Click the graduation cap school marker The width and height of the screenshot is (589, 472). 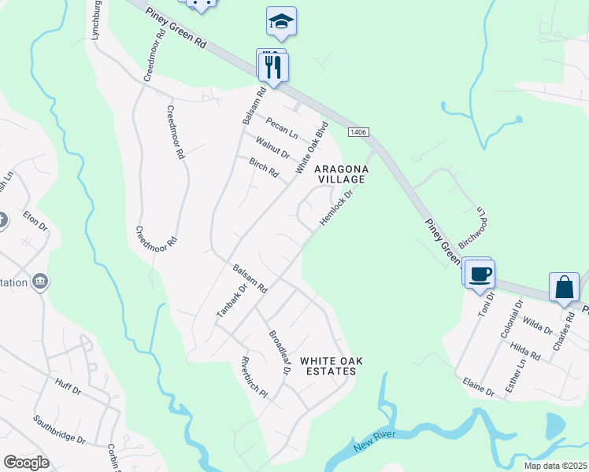[281, 22]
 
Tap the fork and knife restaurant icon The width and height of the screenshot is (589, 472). [273, 67]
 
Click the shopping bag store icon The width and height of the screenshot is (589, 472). [565, 287]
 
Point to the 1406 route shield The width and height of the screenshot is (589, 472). [357, 133]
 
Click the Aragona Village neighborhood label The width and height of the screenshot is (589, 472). [341, 174]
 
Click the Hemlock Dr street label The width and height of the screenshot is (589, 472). [333, 207]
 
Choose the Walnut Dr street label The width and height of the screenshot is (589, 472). [273, 147]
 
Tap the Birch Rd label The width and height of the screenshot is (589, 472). [264, 168]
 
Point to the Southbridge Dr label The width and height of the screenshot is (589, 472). [59, 430]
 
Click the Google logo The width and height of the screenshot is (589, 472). [26, 463]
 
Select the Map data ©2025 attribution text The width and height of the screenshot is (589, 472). [555, 466]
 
